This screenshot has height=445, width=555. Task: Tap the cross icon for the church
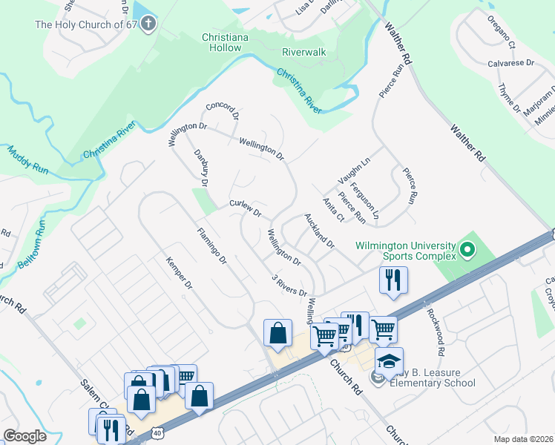pyautogui.click(x=148, y=24)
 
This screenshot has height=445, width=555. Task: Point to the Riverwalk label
pyautogui.click(x=304, y=53)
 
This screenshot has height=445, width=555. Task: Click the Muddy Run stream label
pyautogui.click(x=27, y=159)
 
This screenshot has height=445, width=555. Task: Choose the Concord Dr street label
pyautogui.click(x=223, y=111)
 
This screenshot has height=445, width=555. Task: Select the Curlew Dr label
pyautogui.click(x=246, y=208)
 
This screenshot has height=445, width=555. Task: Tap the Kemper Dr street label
pyautogui.click(x=179, y=274)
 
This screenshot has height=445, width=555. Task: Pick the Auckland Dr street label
pyautogui.click(x=320, y=231)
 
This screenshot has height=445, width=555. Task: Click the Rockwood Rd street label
pyautogui.click(x=435, y=331)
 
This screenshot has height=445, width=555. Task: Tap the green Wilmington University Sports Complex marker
pyautogui.click(x=467, y=251)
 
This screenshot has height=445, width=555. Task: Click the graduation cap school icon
pyautogui.click(x=389, y=361)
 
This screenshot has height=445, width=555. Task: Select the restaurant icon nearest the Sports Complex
pyautogui.click(x=393, y=280)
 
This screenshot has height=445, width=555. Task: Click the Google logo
pyautogui.click(x=24, y=436)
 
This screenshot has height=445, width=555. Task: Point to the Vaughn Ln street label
pyautogui.click(x=354, y=171)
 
